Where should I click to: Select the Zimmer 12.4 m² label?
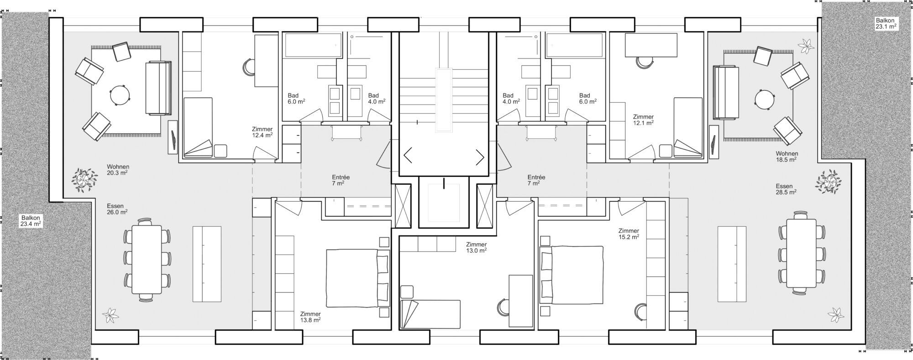(262, 132)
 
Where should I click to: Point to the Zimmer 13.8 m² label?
(310, 317)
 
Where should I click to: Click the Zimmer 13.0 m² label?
(476, 247)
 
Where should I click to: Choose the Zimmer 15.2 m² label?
(629, 234)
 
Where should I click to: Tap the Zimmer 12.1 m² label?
(643, 120)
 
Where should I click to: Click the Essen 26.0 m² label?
(117, 209)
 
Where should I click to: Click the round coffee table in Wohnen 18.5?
(765, 99)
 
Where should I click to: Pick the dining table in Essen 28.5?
(802, 253)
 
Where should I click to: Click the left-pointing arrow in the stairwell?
(408, 156)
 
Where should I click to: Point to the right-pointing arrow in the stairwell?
(480, 157)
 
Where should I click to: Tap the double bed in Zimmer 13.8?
(357, 278)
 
